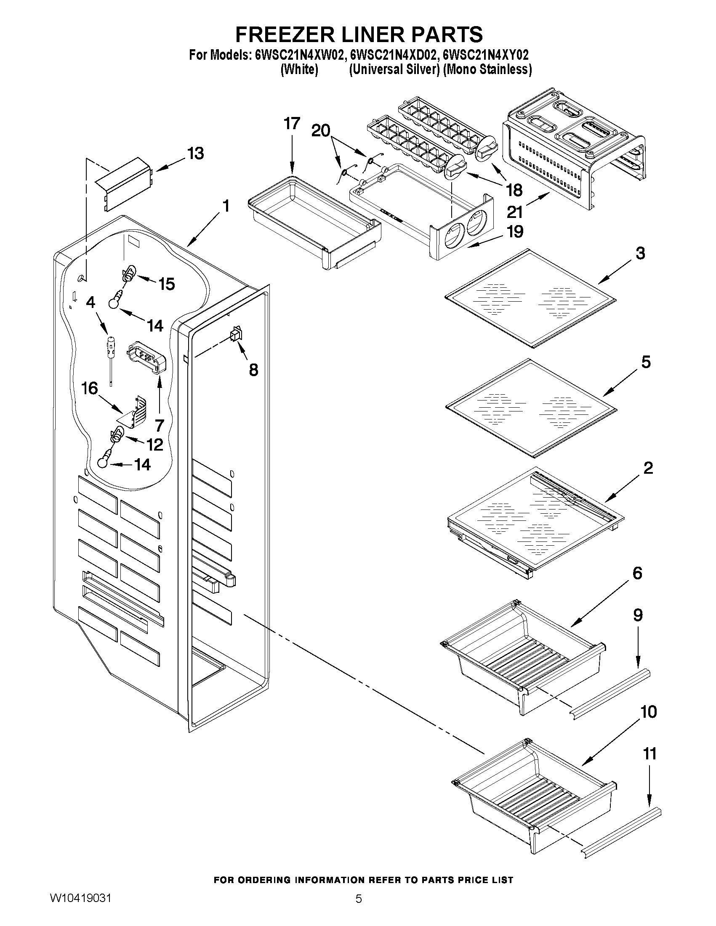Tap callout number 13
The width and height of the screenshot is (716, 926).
196,154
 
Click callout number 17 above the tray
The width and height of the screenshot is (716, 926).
292,123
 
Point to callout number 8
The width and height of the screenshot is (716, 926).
253,370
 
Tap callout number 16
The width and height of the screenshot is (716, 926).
90,388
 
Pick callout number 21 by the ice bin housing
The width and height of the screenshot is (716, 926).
514,212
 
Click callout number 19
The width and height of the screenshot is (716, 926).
515,231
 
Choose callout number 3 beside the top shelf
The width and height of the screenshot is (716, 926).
640,253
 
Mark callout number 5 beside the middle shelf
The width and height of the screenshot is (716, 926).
646,362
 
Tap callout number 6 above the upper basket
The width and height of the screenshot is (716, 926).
637,573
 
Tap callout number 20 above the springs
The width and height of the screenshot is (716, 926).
321,131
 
